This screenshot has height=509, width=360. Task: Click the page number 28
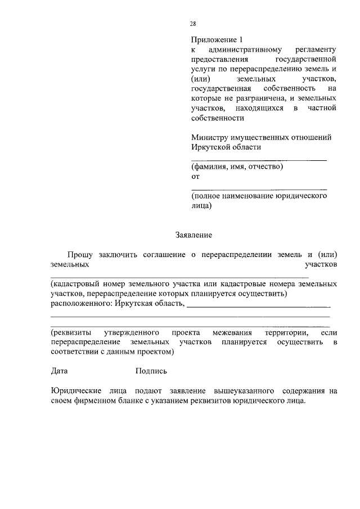193,23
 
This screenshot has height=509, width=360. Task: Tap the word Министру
210,137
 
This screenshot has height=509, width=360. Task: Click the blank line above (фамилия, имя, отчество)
259,160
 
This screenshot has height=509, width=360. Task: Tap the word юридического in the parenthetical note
301,197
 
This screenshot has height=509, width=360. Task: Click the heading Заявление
194,235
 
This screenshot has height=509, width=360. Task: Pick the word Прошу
79,255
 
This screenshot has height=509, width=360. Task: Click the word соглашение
158,255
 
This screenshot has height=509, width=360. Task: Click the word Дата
59,371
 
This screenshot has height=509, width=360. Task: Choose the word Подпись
151,371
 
